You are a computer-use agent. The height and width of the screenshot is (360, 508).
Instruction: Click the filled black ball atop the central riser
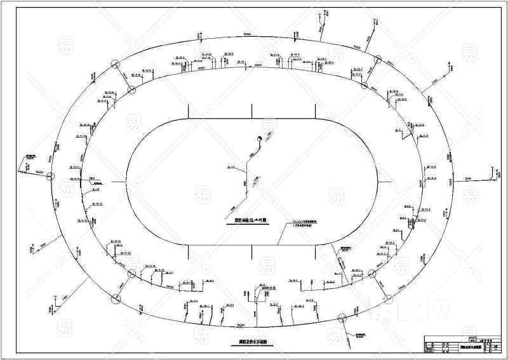(260, 140)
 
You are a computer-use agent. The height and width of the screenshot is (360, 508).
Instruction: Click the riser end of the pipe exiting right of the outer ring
(493, 169)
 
